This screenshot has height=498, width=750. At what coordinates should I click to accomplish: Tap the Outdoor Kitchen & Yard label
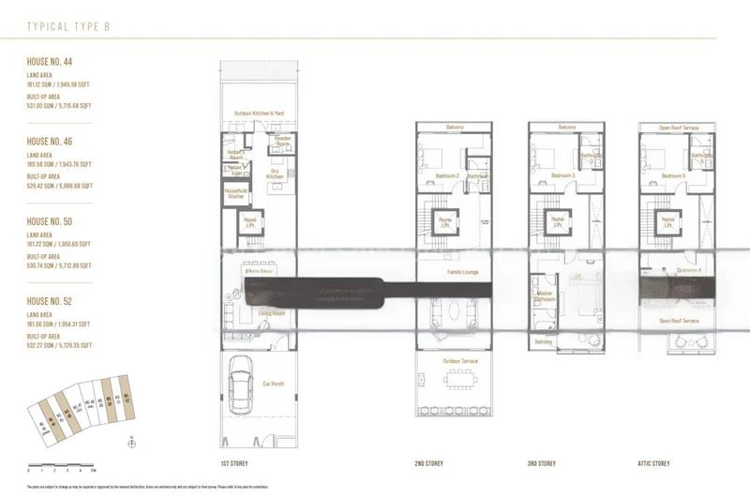coord(258,113)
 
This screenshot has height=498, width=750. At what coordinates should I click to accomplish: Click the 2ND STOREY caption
coord(428,463)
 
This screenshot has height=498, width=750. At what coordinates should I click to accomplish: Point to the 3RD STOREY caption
coord(541,463)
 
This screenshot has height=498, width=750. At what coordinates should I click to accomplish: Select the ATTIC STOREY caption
coord(654,463)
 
